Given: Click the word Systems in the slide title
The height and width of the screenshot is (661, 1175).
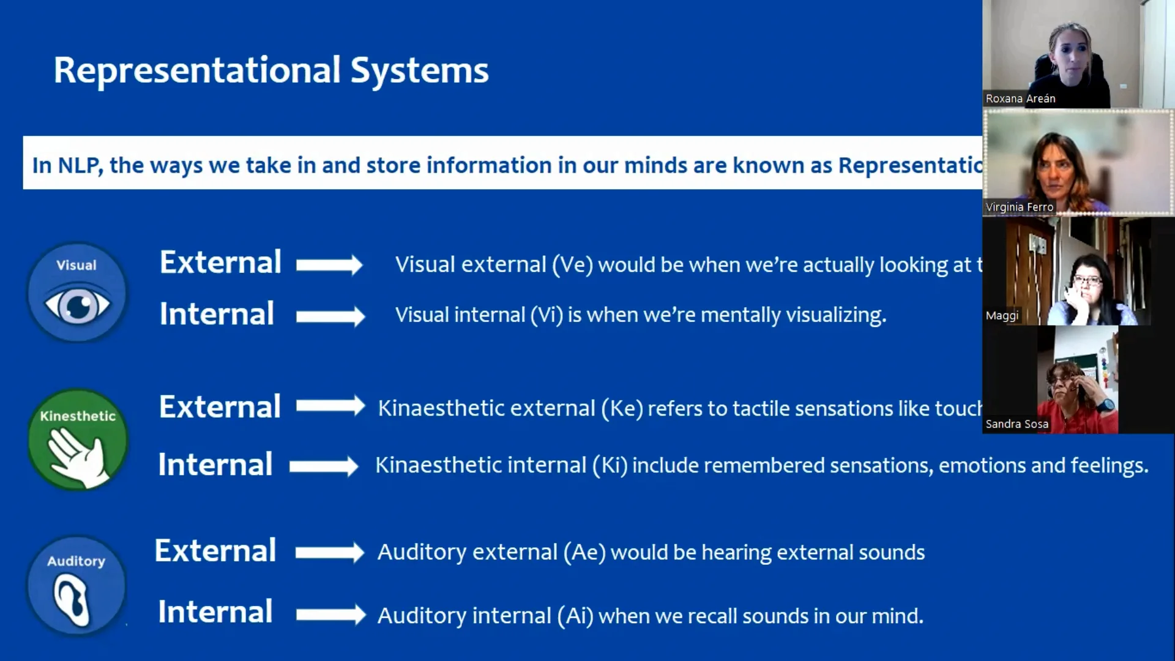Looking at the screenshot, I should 419,71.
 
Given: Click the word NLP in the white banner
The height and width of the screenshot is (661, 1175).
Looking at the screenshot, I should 80,165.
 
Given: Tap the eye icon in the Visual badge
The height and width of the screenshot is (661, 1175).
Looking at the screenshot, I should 77,305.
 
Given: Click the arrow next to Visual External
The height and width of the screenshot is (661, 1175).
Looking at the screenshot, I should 329,264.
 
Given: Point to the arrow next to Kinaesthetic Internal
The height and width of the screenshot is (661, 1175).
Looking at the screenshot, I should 324,466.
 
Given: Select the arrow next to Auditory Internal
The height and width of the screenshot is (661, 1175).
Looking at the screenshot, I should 330,614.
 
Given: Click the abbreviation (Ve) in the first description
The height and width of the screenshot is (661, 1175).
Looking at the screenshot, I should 572,265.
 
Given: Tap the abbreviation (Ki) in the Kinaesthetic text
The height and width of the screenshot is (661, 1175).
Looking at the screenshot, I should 610,466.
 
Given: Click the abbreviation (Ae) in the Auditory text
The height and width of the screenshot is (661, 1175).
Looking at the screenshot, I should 584,553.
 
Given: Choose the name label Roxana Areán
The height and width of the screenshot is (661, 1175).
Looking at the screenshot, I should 1020,99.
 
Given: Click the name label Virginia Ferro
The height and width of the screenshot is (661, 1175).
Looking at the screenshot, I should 1020,207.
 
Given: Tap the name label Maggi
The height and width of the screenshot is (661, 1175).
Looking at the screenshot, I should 1002,316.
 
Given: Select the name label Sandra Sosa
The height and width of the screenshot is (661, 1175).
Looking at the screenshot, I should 1016,424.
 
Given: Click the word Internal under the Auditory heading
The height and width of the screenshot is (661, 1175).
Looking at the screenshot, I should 215,612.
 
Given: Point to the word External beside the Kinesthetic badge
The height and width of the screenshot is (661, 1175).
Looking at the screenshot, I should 220,407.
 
